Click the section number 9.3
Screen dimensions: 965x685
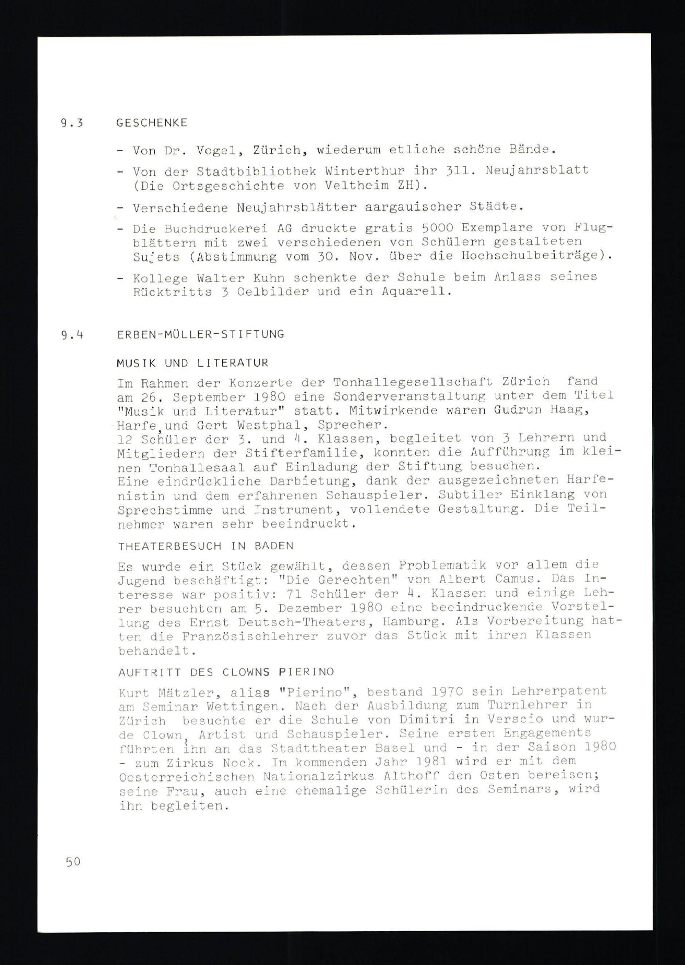point(72,123)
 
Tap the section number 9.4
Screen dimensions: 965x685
point(72,335)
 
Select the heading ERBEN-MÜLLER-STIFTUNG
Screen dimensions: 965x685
point(201,334)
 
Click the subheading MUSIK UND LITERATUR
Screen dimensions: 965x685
point(193,363)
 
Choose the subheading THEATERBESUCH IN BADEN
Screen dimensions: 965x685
point(206,546)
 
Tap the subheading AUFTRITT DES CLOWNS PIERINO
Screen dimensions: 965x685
point(226,672)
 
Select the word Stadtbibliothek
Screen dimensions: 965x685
point(257,172)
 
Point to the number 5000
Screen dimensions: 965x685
point(437,228)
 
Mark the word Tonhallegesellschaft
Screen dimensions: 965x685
point(412,382)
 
